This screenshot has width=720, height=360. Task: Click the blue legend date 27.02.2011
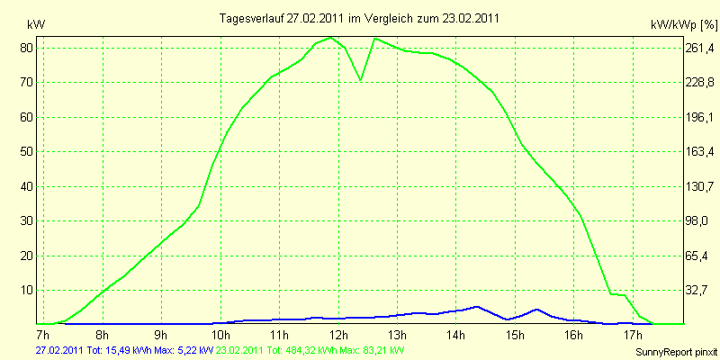[x=58, y=349]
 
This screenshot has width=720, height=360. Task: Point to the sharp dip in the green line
[x=361, y=79]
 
